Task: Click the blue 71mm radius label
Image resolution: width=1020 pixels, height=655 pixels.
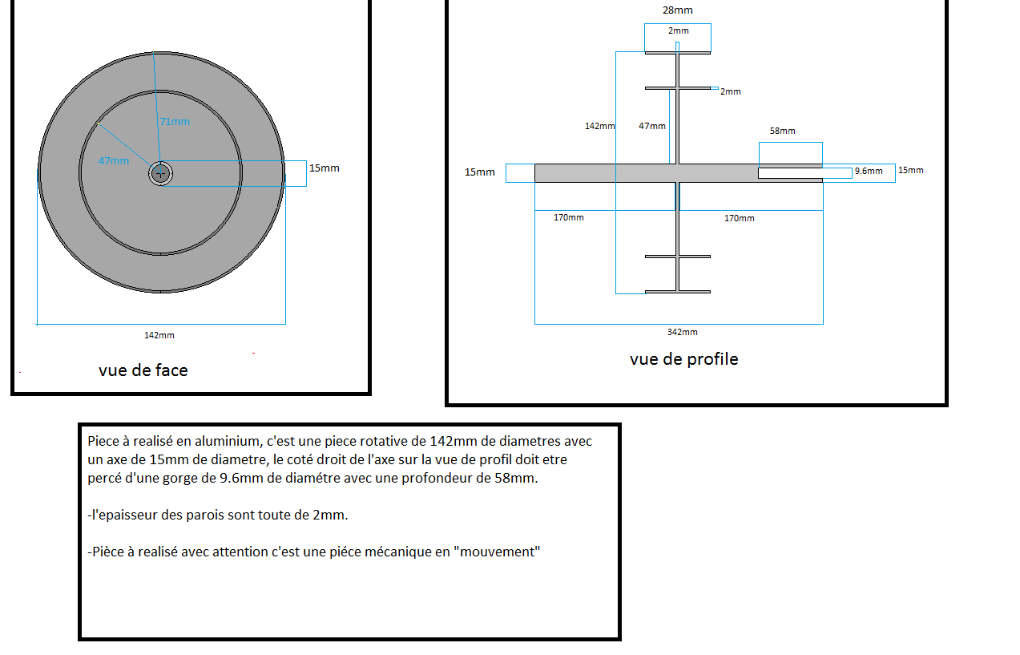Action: click(175, 122)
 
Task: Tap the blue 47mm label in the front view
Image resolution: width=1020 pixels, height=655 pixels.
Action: click(114, 161)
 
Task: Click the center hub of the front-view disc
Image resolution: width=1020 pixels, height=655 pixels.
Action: click(160, 173)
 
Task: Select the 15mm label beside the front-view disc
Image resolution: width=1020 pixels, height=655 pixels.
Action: click(325, 168)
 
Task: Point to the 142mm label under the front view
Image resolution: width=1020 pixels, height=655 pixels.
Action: click(159, 335)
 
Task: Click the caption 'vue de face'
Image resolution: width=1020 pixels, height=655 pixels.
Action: click(143, 370)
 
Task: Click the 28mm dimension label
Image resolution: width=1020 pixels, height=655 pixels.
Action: click(678, 10)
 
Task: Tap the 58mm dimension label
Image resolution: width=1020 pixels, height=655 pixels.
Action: click(782, 131)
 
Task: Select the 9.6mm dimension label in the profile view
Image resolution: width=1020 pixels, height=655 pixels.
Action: click(869, 171)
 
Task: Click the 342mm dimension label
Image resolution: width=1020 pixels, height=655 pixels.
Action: click(682, 332)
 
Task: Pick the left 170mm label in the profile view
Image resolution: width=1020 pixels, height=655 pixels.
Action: click(568, 218)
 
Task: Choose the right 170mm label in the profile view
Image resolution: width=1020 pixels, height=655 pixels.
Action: click(739, 218)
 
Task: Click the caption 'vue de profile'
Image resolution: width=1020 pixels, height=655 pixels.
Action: click(684, 359)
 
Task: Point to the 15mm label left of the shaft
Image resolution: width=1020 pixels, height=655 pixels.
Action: click(479, 172)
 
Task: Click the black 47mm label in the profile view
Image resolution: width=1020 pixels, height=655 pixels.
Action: click(652, 126)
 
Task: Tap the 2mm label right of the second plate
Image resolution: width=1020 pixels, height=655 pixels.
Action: click(731, 91)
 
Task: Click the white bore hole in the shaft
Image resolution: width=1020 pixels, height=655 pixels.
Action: click(804, 173)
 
